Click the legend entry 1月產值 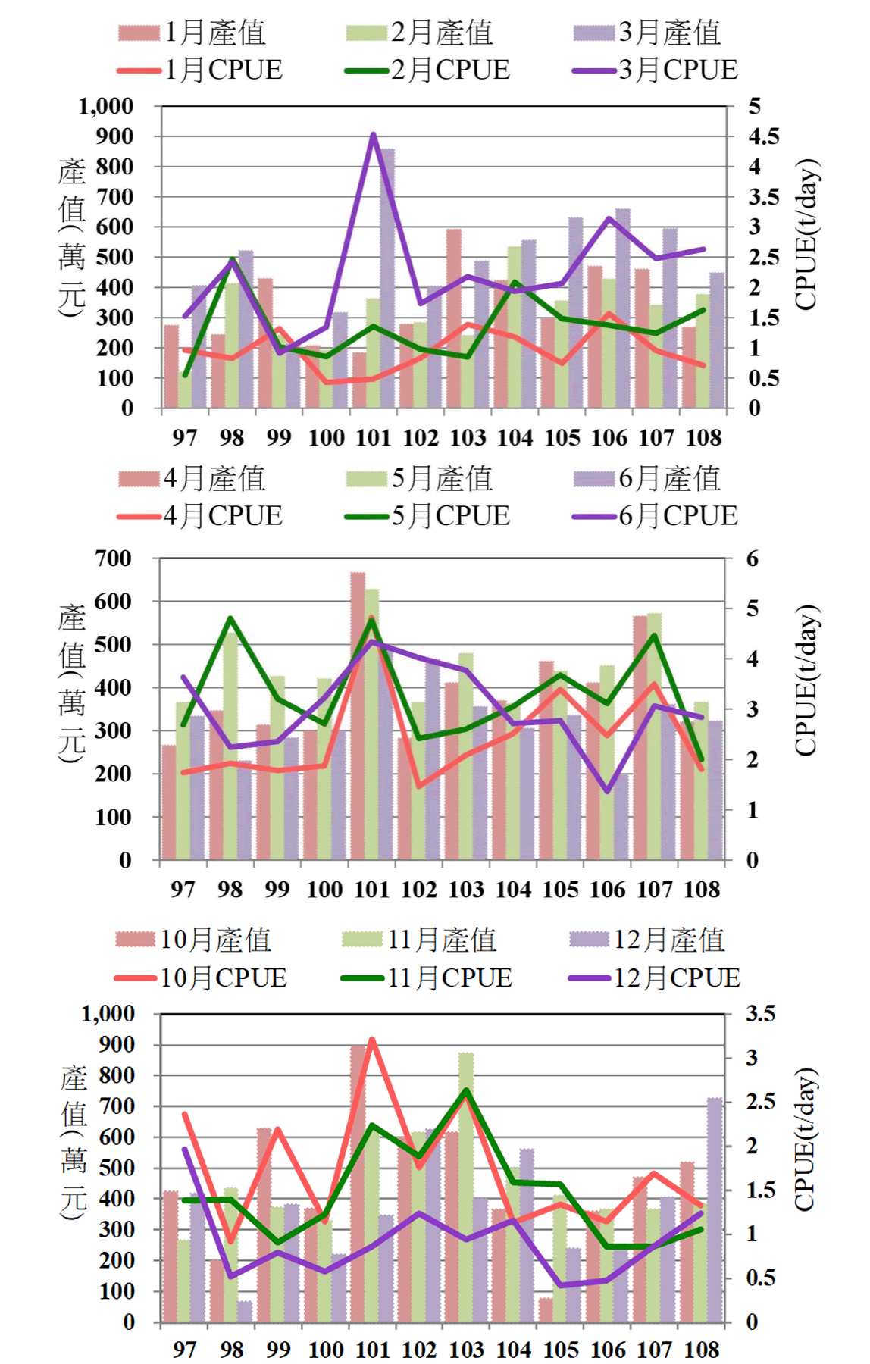point(192,33)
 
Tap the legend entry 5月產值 point(420,478)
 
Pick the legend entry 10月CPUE point(202,978)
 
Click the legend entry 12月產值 point(649,940)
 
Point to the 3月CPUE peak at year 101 point(373,136)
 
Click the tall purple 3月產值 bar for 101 point(387,280)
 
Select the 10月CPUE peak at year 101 point(372,1040)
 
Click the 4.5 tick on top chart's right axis point(763,136)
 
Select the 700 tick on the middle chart point(114,558)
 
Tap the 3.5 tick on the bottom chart point(759,1013)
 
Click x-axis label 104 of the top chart point(515,437)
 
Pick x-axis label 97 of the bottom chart point(184,1349)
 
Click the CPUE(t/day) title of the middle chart point(806,680)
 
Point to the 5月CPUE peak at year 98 point(230,618)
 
